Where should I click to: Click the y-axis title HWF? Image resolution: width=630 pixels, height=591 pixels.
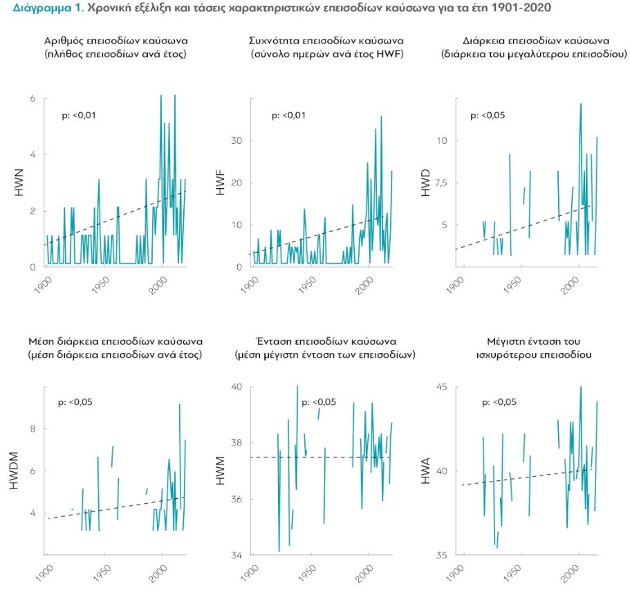pos(221,183)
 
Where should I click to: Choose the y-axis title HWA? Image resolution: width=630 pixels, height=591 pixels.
pos(426,471)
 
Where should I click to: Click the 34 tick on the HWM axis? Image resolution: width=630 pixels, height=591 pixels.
pos(237,556)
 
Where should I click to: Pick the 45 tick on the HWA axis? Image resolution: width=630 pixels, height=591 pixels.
pos(443,387)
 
